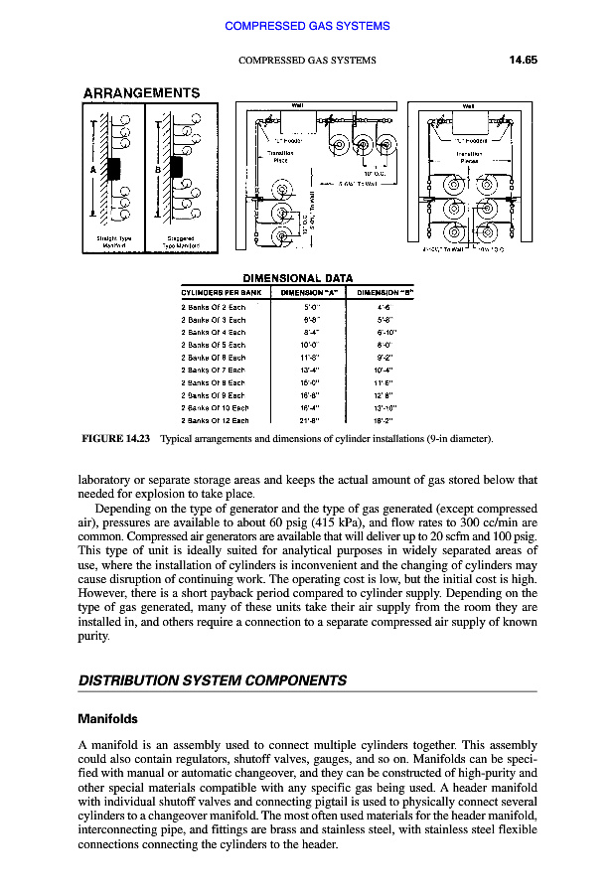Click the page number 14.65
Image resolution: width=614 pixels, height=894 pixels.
[x=523, y=60]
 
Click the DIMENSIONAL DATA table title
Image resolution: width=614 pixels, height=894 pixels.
[x=297, y=278]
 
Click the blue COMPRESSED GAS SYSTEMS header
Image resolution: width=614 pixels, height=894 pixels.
[x=307, y=26]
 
